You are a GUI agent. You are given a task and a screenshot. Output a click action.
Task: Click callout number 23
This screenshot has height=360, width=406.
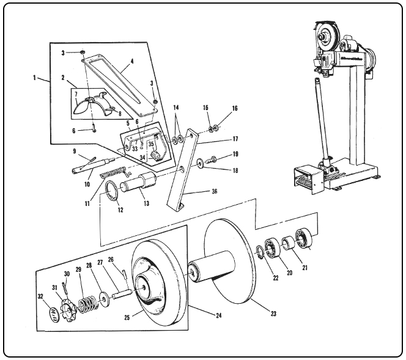pyautogui.click(x=273, y=314)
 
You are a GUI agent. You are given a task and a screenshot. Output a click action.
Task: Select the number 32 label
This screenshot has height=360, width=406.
pyautogui.click(x=40, y=296)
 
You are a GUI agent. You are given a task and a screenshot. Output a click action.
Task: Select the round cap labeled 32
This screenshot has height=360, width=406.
pyautogui.click(x=54, y=315)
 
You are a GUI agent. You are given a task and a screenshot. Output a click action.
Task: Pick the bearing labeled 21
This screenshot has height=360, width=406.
pyautogui.click(x=304, y=237)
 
